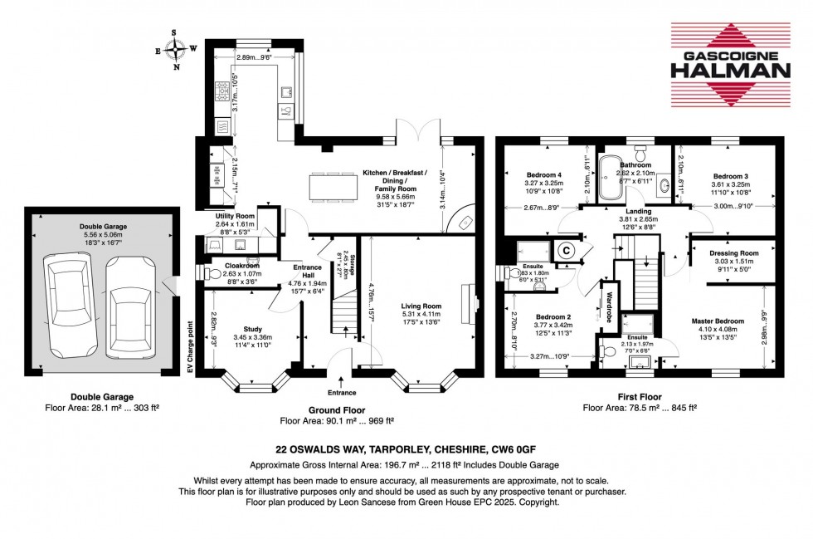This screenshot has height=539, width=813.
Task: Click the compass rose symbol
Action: [176, 49]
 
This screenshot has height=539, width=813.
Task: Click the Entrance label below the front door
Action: [342, 392]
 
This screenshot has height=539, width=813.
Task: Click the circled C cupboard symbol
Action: [567, 248]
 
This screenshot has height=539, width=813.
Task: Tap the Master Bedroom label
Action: [718, 321]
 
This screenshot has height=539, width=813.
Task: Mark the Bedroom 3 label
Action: [730, 176]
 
